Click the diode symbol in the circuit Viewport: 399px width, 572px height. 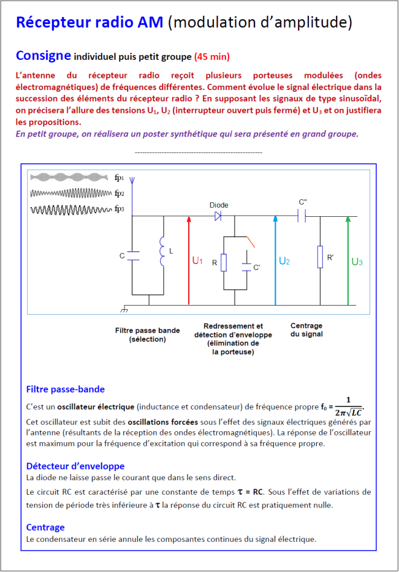218,216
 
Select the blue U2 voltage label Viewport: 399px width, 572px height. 284,262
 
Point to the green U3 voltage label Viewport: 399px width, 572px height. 357,262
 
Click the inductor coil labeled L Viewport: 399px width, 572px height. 162,251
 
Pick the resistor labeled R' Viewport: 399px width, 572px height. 320,257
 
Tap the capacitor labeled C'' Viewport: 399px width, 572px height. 302,216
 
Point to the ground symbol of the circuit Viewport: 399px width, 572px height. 124,310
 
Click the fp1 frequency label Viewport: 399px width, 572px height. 119,178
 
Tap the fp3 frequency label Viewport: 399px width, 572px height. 119,209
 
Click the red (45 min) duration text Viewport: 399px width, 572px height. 212,57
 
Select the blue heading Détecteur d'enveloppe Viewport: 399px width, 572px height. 76,466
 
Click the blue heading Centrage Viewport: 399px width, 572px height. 45,527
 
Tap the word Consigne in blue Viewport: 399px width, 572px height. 44,56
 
